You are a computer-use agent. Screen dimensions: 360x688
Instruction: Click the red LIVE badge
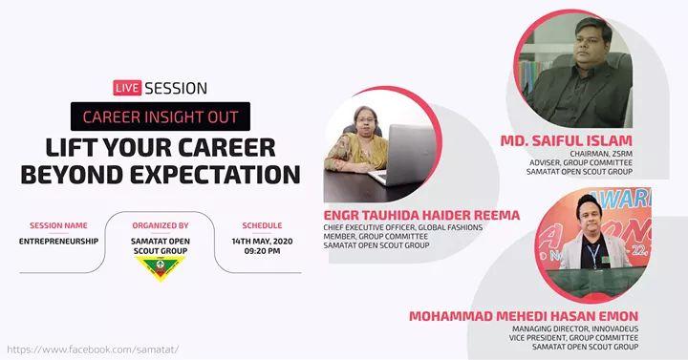(127, 88)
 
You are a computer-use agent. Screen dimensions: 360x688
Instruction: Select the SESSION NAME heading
(59, 225)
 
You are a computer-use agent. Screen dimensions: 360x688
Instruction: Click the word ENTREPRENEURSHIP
(59, 242)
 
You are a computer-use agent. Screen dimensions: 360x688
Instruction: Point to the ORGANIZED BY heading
(159, 225)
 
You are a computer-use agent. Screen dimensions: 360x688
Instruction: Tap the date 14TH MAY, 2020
(261, 242)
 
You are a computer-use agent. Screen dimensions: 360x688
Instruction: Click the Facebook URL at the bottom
(92, 349)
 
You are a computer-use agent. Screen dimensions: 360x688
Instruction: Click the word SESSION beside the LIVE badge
(176, 88)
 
